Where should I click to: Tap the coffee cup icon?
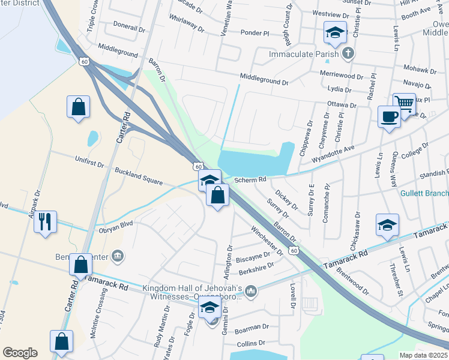point(389,116)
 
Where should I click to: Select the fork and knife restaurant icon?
point(45,221)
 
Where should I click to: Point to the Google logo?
point(20,353)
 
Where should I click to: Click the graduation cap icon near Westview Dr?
point(334,32)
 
